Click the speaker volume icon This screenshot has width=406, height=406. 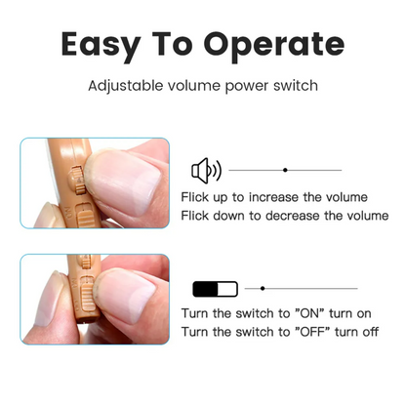coord(206,171)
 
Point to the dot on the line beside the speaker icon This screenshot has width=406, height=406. coord(285,171)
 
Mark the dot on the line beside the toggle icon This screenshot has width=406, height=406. coord(263,289)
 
